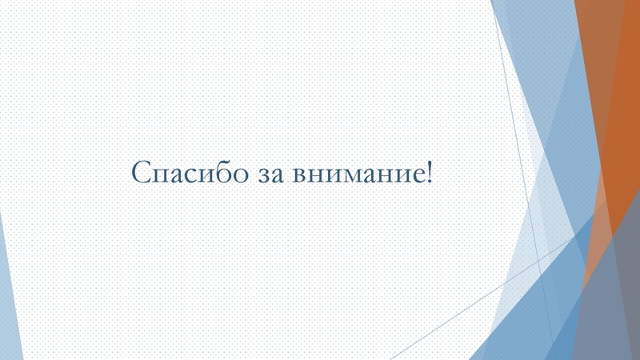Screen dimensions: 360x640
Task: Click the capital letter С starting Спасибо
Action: [142, 173]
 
